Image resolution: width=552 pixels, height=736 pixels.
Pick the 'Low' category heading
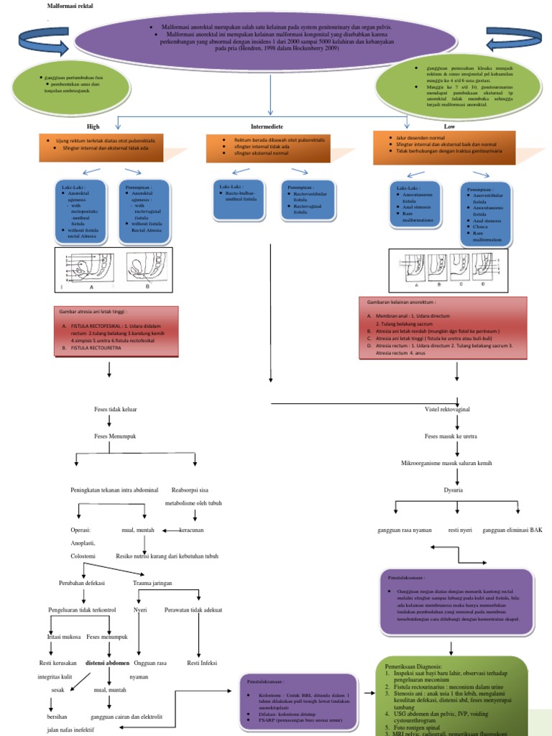(x=449, y=126)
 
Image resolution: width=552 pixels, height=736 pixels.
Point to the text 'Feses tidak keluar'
(x=115, y=409)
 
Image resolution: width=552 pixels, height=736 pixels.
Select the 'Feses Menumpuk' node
(x=115, y=436)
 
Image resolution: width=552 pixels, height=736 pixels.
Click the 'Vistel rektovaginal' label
(x=447, y=409)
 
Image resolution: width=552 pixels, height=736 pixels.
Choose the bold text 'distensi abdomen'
(x=108, y=663)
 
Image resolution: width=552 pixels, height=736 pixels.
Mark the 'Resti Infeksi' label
(x=202, y=663)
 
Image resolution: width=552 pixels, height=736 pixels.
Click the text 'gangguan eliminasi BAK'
(x=512, y=530)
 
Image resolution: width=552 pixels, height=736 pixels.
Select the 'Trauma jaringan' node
(x=152, y=583)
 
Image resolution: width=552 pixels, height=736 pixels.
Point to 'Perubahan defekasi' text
(x=81, y=583)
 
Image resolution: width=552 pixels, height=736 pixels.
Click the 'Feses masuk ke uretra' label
(x=450, y=436)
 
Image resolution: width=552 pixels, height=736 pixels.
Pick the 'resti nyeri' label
(x=459, y=530)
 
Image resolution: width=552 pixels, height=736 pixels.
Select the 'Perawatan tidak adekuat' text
(x=193, y=609)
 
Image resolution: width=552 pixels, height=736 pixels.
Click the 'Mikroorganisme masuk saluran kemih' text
(x=446, y=464)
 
